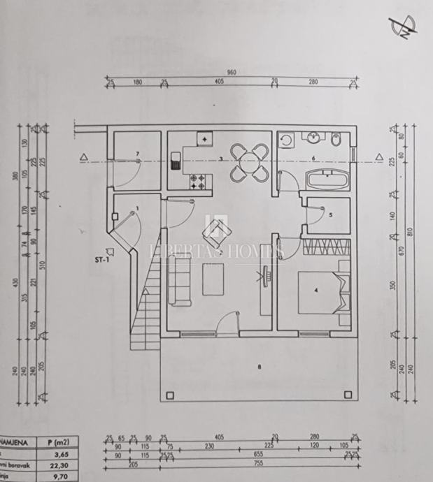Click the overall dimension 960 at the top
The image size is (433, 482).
(231, 72)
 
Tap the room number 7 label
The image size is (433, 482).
(138, 153)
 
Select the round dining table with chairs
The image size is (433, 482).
(249, 161)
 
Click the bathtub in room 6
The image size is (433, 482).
(327, 179)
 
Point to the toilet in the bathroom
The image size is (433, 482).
(337, 141)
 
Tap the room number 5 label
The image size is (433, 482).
(329, 215)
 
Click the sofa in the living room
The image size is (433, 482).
(180, 280)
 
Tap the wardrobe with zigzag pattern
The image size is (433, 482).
(326, 247)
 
